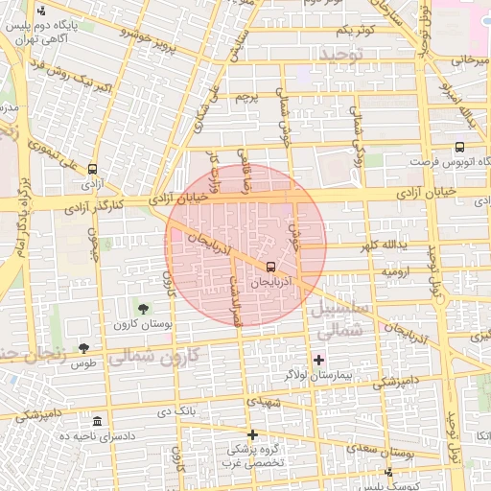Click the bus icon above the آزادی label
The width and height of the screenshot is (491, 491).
[92, 166]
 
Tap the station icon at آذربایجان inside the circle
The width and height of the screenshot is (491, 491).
[270, 267]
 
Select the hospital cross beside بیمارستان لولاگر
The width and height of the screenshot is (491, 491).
[319, 360]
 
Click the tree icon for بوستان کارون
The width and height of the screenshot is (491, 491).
[143, 309]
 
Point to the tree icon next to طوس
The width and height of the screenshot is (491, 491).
[83, 348]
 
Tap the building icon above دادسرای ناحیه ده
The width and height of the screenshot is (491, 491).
[97, 421]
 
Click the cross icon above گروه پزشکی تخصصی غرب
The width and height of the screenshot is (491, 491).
[252, 433]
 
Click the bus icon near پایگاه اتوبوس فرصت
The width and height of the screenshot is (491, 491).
[459, 148]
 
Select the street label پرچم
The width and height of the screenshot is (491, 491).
[247, 99]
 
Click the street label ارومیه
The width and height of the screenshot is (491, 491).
[397, 272]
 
